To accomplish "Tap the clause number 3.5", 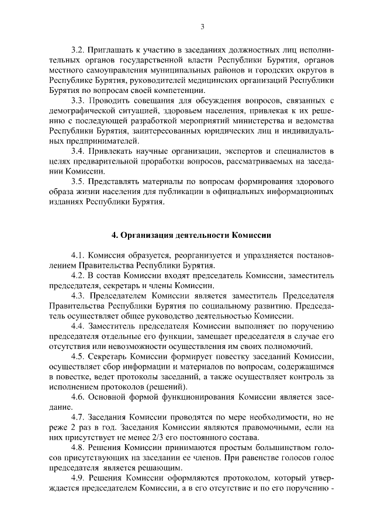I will tap(77, 182).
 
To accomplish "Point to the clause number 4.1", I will tap(77, 255).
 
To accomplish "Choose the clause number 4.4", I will tap(77, 326).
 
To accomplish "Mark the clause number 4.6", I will tap(77, 397).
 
